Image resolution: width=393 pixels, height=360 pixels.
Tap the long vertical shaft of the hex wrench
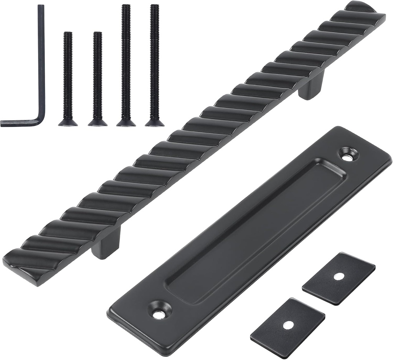click(x=41, y=58)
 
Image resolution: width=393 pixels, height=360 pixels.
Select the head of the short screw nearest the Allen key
click(x=68, y=122)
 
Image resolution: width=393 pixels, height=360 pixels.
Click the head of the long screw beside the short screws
click(x=126, y=122)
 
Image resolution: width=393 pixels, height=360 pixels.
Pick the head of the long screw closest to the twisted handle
click(x=155, y=122)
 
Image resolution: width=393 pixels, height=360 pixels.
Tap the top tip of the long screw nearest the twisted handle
click(x=155, y=6)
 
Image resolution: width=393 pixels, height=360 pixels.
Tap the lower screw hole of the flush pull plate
click(x=158, y=314)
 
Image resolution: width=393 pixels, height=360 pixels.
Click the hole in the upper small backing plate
click(x=339, y=276)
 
